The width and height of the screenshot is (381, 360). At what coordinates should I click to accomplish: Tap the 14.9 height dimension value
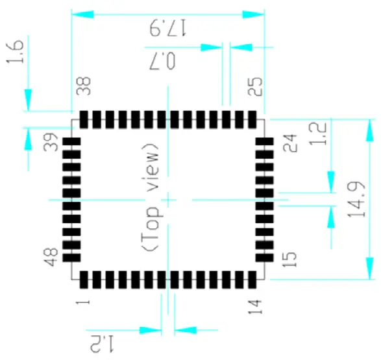click(x=359, y=198)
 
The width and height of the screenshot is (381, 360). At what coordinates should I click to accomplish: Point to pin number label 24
click(x=289, y=143)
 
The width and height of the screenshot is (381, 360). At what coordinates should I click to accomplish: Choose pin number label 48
click(x=51, y=252)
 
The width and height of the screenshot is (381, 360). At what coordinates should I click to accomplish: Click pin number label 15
click(x=289, y=253)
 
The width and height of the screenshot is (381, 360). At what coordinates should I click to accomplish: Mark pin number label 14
click(x=255, y=303)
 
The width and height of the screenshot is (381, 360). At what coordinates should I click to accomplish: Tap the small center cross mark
click(x=168, y=199)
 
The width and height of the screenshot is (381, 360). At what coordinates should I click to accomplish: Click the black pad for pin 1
click(x=84, y=280)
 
